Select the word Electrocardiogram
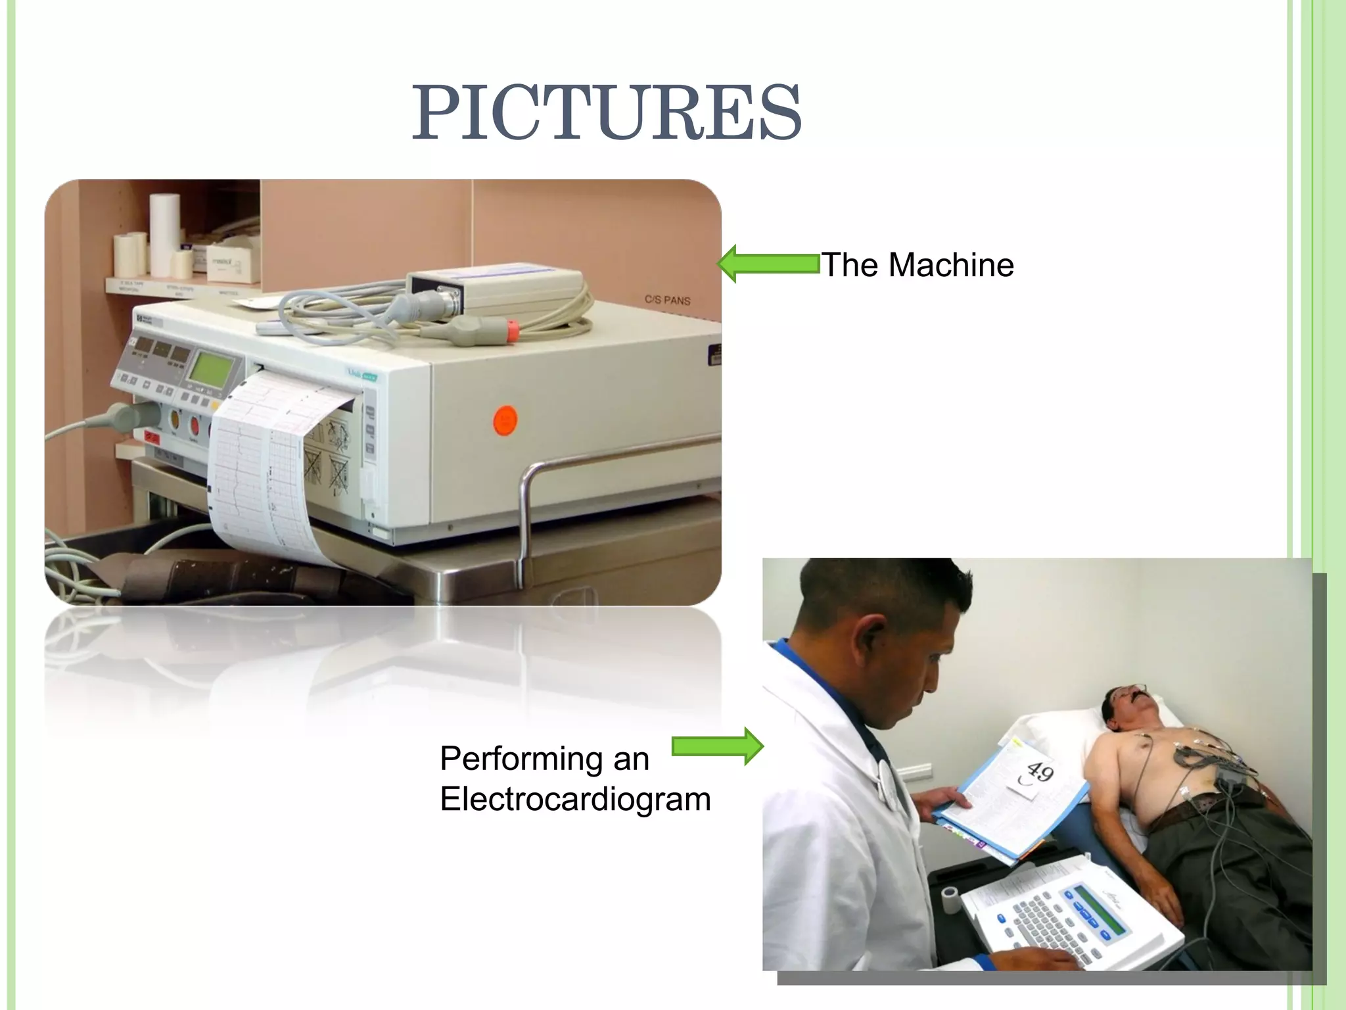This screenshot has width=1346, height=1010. click(x=575, y=800)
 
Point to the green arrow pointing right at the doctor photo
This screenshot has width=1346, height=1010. click(x=718, y=746)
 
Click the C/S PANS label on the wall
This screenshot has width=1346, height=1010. click(x=667, y=300)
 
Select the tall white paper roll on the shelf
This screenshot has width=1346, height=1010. click(x=164, y=233)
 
